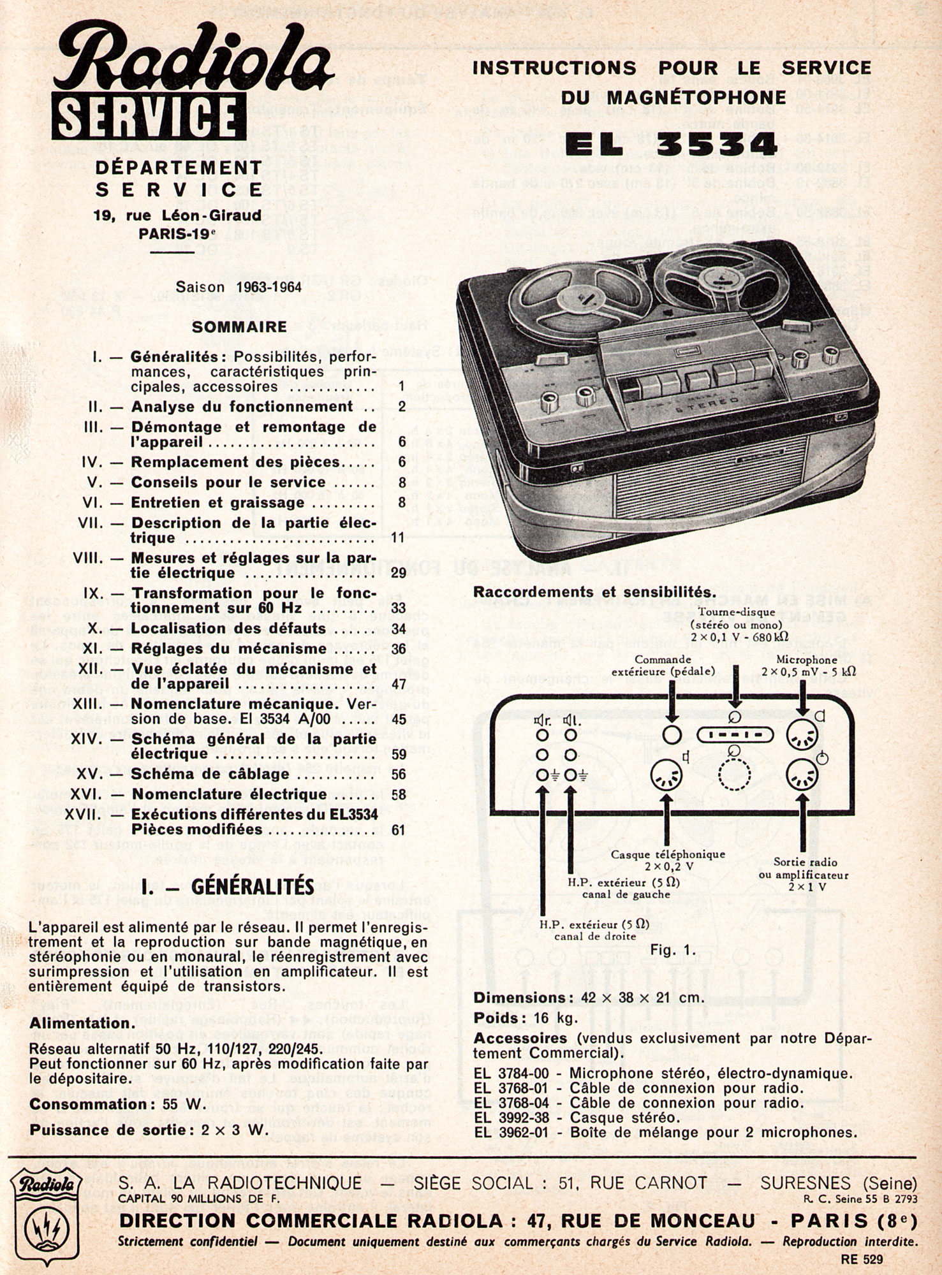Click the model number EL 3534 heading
tap(672, 144)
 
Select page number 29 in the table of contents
tap(399, 572)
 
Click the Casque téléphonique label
tap(667, 854)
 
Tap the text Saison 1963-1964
tap(239, 287)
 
